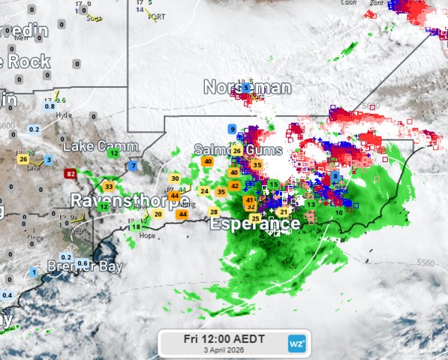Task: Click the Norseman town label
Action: [x=247, y=88]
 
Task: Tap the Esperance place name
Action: [x=254, y=223]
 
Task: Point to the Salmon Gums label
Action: [x=238, y=150]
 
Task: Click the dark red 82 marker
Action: [x=71, y=174]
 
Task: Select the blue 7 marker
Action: [x=133, y=166]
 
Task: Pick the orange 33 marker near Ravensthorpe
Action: [x=109, y=186]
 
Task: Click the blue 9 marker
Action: [x=232, y=129]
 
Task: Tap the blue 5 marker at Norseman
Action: [x=245, y=88]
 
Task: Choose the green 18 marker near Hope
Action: [x=136, y=226]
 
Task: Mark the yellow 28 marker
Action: [x=214, y=212]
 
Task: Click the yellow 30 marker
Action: [x=175, y=178]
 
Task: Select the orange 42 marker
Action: [x=234, y=186]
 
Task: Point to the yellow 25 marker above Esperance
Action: [x=255, y=218]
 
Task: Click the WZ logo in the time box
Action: [x=296, y=343]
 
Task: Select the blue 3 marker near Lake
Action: [x=49, y=160]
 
